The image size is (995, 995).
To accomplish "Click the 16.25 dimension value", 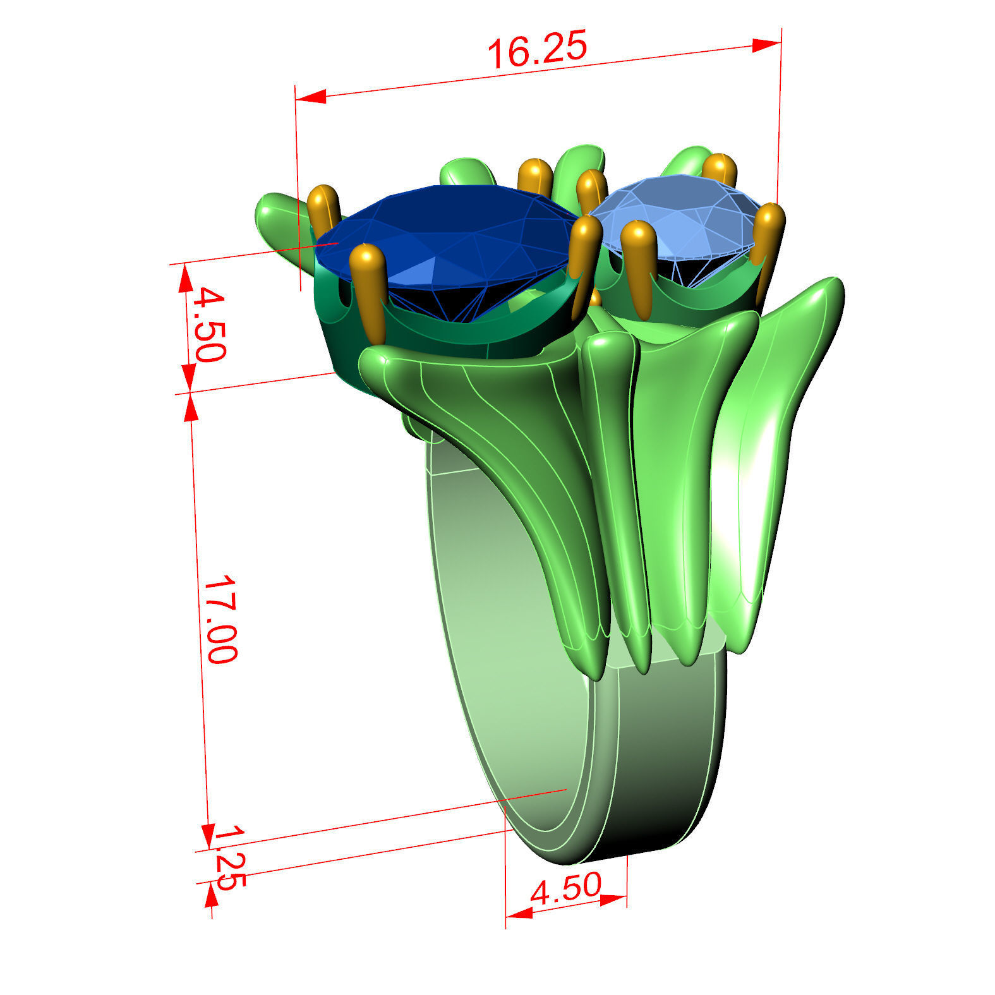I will pos(538,49).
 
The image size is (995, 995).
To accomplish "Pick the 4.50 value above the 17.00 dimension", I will pos(208,323).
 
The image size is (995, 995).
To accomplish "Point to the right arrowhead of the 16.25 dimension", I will pos(767,45).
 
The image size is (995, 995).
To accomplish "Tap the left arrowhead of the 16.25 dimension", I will pos(311,97).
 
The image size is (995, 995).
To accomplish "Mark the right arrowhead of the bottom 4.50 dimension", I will pos(613,899).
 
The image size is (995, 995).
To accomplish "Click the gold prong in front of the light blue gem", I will pos(639,265).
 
